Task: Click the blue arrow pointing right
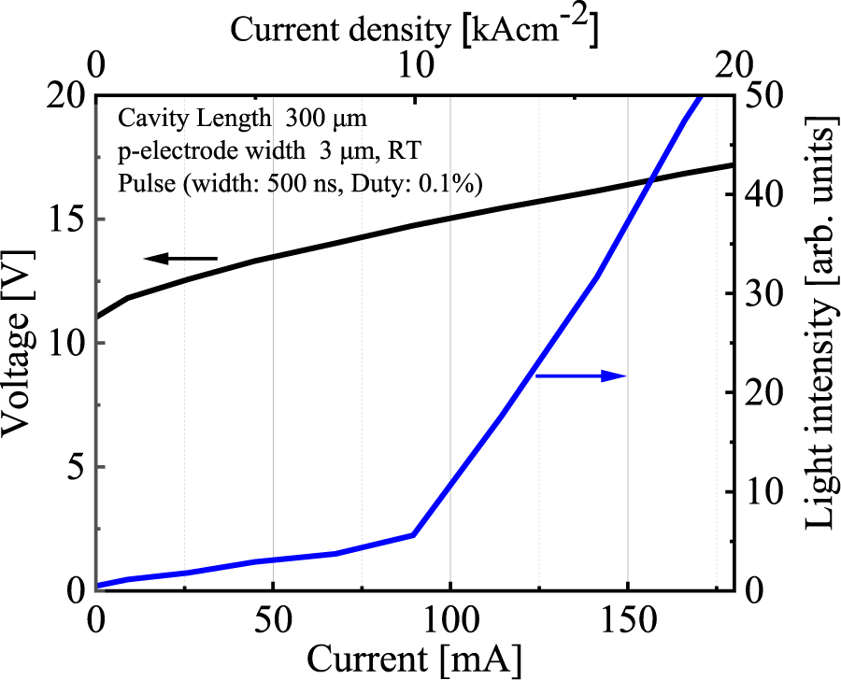coord(579,375)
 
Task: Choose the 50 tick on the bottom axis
coord(273,619)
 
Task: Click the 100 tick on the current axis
coord(449,619)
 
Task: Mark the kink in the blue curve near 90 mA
coord(413,534)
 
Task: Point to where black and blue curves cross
coord(649,179)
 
